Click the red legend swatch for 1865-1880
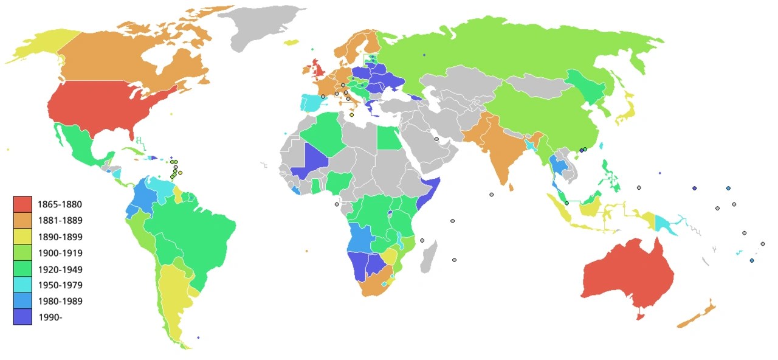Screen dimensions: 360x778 (x=22, y=204)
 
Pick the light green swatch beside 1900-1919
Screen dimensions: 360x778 (x=22, y=252)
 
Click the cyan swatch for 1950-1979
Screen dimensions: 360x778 (x=22, y=285)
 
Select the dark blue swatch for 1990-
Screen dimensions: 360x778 (x=22, y=317)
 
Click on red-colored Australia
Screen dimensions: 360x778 (x=626, y=274)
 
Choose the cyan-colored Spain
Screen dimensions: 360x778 (x=311, y=102)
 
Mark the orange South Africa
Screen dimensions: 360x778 (x=377, y=286)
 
